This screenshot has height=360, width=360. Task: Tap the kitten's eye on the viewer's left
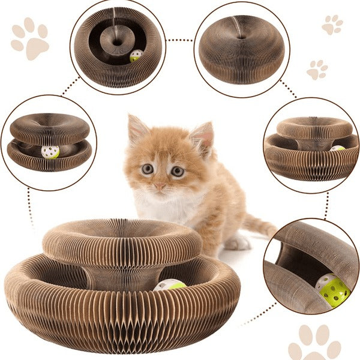pyautogui.click(x=148, y=169)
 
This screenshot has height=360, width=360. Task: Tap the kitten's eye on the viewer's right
pyautogui.click(x=177, y=171)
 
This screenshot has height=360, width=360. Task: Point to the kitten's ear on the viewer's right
pyautogui.click(x=203, y=137)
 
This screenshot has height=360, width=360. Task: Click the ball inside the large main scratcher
pyautogui.click(x=170, y=285)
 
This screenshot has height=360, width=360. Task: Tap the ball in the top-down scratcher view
pyautogui.click(x=136, y=56)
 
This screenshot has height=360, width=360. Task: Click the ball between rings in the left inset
pyautogui.click(x=50, y=152)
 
